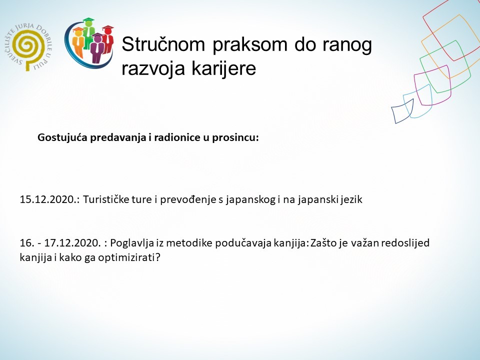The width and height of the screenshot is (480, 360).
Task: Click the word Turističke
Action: (107, 200)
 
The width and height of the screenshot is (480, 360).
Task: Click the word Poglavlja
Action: (131, 244)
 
